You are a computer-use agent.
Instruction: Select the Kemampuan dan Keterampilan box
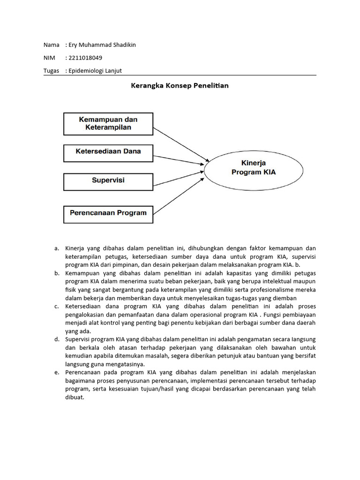pos(108,123)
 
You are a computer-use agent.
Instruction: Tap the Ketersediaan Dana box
pos(108,151)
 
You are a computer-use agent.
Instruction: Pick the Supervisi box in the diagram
pos(108,180)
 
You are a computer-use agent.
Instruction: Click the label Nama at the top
pos(51,45)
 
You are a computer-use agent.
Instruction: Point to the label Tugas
pos(51,71)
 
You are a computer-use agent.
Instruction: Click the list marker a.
pos(57,248)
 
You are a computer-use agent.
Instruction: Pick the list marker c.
pos(57,306)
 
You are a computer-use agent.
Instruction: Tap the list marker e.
pos(57,372)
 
